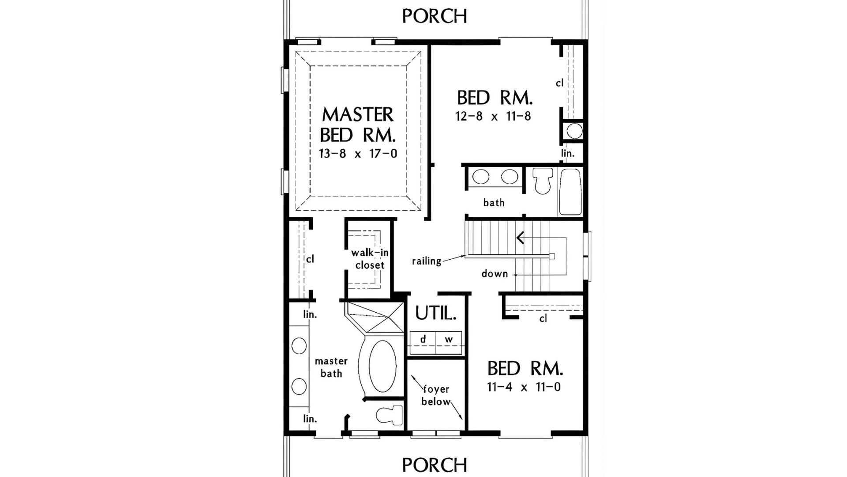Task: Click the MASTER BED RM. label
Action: coord(358,125)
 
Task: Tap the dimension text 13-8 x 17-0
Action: coord(358,154)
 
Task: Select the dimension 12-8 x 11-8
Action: coord(493,117)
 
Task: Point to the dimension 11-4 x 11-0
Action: coord(524,387)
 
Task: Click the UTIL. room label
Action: coord(435,313)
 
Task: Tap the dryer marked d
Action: coord(423,340)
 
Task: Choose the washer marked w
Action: coord(449,340)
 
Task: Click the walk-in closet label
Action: coord(370,259)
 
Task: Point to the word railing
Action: coord(427,261)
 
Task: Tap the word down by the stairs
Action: coord(495,274)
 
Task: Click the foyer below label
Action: coord(436,395)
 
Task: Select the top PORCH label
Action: coord(435,16)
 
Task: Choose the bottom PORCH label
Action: coord(435,465)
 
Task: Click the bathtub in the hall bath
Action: coord(570,191)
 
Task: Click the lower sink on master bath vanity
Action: coord(299,386)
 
